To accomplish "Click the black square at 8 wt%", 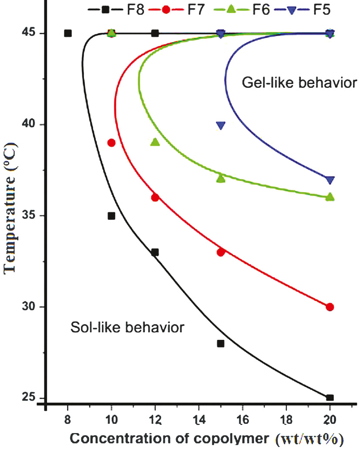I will coord(67,33).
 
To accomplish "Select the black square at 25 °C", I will coord(330,397).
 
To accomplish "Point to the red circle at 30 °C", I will coord(330,307).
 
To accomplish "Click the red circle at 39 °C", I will coord(111,143).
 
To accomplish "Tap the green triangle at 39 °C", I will coord(155,142).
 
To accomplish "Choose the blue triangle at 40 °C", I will coord(221,125).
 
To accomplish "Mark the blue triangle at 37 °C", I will coord(330,180).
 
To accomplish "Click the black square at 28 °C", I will coord(221,343).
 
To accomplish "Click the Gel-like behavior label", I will coord(299,82).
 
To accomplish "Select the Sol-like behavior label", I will coord(127,326).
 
